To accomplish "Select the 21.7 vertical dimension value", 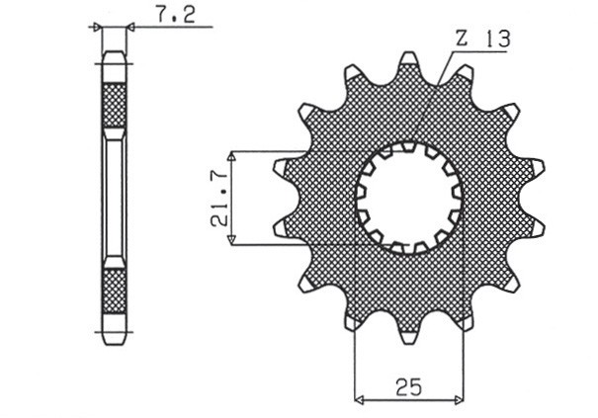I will (x=219, y=198).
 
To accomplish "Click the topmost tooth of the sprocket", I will (x=408, y=63).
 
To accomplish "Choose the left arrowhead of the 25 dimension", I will (x=359, y=400).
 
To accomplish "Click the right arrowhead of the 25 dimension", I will (x=460, y=400).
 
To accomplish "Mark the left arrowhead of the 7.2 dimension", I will (x=98, y=29).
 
